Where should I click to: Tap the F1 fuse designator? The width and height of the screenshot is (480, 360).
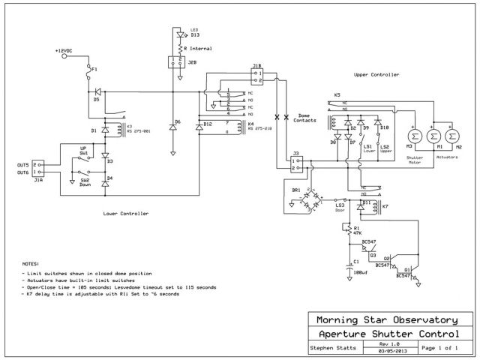(x=94, y=67)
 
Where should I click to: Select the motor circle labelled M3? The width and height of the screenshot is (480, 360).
(x=412, y=134)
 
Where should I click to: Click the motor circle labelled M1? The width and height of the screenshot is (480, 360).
(x=432, y=134)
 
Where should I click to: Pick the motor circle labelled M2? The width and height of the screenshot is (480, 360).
(x=452, y=134)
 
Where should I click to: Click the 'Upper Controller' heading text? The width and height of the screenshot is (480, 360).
(x=377, y=75)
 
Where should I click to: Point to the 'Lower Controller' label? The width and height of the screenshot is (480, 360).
(x=125, y=214)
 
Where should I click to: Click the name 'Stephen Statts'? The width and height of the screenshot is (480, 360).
(x=331, y=348)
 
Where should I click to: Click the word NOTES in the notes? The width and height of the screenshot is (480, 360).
(x=31, y=265)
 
